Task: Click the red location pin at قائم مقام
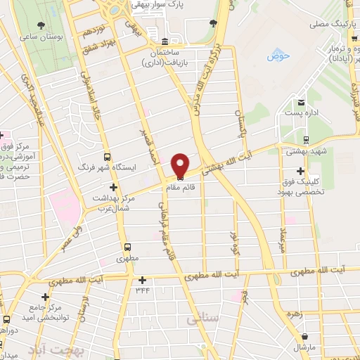(179, 165)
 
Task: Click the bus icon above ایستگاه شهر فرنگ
(108, 157)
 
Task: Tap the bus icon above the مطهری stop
(127, 247)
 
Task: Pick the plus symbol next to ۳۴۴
(142, 279)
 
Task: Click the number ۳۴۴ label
(143, 290)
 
